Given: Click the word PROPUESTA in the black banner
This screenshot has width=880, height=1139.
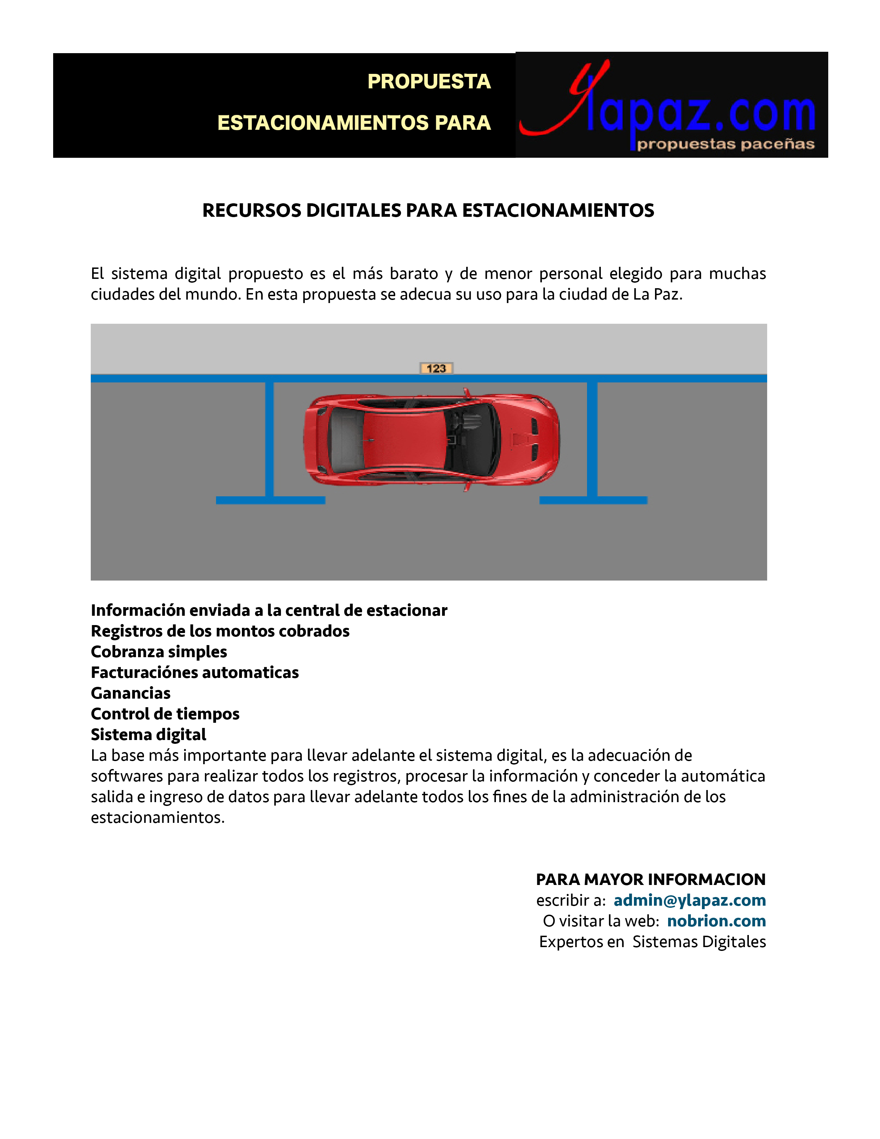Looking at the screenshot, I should pos(429,81).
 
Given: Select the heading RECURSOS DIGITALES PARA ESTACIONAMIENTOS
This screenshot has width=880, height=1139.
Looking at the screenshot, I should pos(428,210).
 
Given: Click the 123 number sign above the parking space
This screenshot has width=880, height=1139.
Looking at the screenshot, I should pos(436,368).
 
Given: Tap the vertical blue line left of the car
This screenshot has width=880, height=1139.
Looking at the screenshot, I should pos(270,438).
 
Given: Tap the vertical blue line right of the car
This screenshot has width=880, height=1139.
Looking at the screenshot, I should pos(592,438).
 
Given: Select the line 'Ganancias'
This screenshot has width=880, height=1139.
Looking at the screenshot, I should pos(131,693).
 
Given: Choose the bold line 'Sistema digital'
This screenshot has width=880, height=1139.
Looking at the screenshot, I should pos(149,734).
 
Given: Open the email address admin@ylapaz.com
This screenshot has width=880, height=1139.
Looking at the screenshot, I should pos(689,900).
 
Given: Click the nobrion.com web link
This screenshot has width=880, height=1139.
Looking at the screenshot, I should pos(716,921).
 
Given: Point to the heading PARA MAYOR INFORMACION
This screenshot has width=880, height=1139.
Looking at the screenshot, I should pos(651,879).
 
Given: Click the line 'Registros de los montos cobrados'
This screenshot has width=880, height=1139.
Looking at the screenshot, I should pos(220,631).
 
